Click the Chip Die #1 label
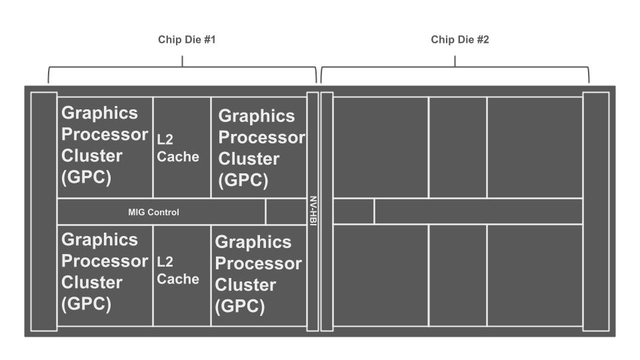187,40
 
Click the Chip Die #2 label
460,40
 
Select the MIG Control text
153,213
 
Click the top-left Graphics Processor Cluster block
105,147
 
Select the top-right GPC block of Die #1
259,148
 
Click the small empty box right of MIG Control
285,212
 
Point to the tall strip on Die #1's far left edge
43,211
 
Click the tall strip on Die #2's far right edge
596,211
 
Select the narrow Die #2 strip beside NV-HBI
327,211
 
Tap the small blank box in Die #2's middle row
353,211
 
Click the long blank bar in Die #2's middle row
478,211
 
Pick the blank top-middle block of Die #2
457,147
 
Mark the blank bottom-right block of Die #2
535,275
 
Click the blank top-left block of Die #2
380,147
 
